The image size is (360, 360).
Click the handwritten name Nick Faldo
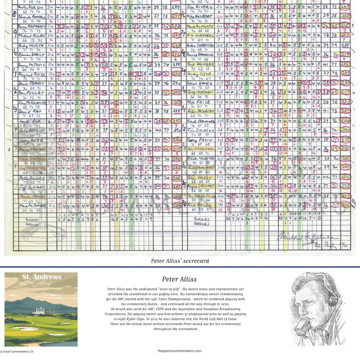tap(199, 205)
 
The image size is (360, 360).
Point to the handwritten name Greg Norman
tap(200, 92)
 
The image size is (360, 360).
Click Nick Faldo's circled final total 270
tap(344, 205)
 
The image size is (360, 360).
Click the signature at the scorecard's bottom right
tap(309, 238)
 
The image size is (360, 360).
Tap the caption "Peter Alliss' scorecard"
tap(180, 261)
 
